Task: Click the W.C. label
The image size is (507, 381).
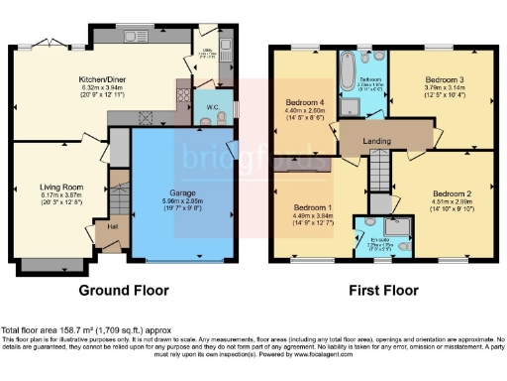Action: [211, 105]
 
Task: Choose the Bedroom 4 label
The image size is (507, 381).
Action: [304, 102]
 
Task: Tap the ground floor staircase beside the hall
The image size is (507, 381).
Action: [120, 197]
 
